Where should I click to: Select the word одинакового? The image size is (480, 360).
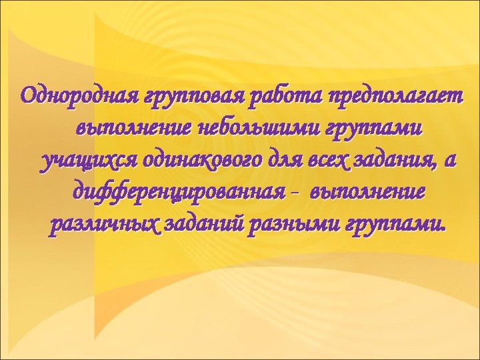(181, 161)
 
